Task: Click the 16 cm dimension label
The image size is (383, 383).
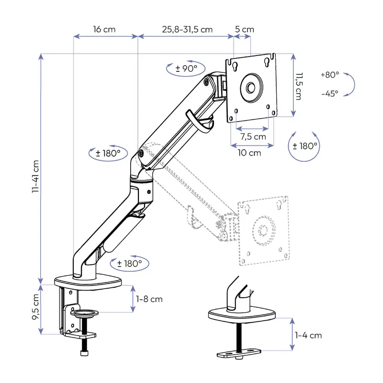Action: [x=104, y=29]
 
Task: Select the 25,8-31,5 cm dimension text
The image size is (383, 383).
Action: [x=187, y=29]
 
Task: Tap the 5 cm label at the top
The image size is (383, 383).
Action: [x=245, y=29]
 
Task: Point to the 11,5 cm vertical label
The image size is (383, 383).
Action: [x=299, y=86]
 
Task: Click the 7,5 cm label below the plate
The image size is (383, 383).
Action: [x=253, y=136]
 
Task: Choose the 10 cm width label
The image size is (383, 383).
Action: [x=249, y=153]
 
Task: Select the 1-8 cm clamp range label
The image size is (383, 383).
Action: [x=149, y=299]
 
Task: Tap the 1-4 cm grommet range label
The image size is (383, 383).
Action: [x=308, y=335]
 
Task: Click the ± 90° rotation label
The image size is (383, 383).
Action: [x=186, y=68]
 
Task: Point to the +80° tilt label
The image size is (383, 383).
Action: [x=330, y=75]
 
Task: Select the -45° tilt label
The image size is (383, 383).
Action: [x=330, y=93]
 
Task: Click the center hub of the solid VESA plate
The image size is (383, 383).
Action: [x=251, y=88]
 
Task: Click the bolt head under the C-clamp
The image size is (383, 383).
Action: [x=84, y=354]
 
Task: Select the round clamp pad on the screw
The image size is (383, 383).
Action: [x=84, y=314]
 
